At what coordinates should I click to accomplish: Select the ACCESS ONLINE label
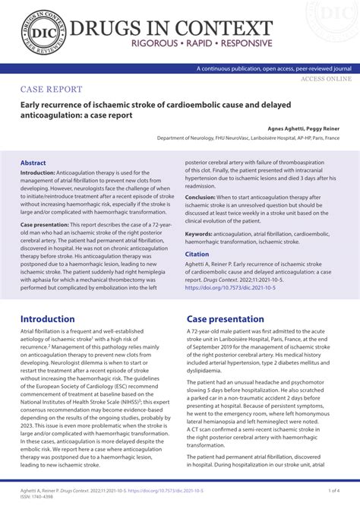coord(326,78)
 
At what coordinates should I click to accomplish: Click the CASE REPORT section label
coord(54,88)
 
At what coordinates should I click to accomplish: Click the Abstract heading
coord(33,163)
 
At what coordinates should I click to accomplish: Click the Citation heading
coord(197,254)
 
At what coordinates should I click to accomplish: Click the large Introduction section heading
coord(48,319)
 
